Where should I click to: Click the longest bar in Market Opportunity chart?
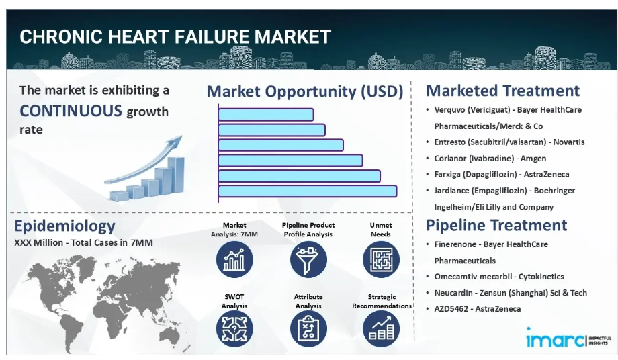pyautogui.click(x=308, y=191)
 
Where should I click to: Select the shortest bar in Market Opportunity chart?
pyautogui.click(x=266, y=115)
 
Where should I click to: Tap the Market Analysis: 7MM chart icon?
pyautogui.click(x=234, y=259)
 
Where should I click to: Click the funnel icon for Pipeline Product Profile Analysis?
pyautogui.click(x=308, y=259)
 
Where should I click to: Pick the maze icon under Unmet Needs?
pyautogui.click(x=381, y=259)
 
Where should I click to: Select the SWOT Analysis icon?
pyautogui.click(x=234, y=329)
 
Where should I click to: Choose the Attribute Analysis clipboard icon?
pyautogui.click(x=308, y=329)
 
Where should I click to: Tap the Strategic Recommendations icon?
pyautogui.click(x=381, y=329)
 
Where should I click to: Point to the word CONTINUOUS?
pyautogui.click(x=71, y=111)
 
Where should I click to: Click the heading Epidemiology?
pyautogui.click(x=64, y=226)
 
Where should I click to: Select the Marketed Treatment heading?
pyautogui.click(x=503, y=91)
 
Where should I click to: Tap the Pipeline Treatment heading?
pyautogui.click(x=496, y=225)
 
